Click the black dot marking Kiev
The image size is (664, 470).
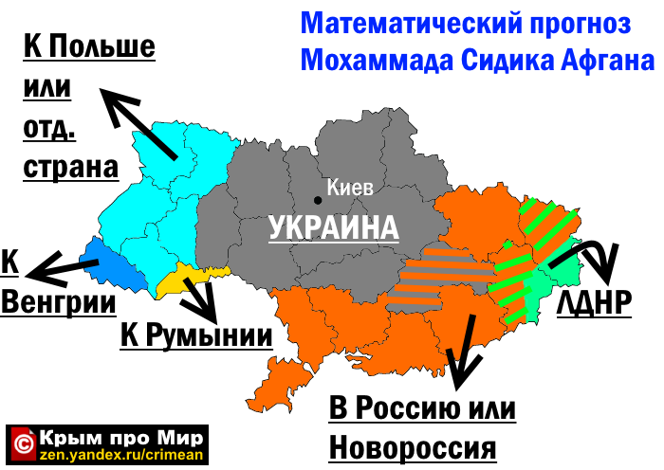319,199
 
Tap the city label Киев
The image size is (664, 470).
350,188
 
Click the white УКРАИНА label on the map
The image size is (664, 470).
333,228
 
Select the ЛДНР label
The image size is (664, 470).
595,302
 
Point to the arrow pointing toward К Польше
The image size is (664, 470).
138,123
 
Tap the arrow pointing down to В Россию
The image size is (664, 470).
463,351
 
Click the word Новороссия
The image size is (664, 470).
413,446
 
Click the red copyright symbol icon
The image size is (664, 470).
24,442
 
